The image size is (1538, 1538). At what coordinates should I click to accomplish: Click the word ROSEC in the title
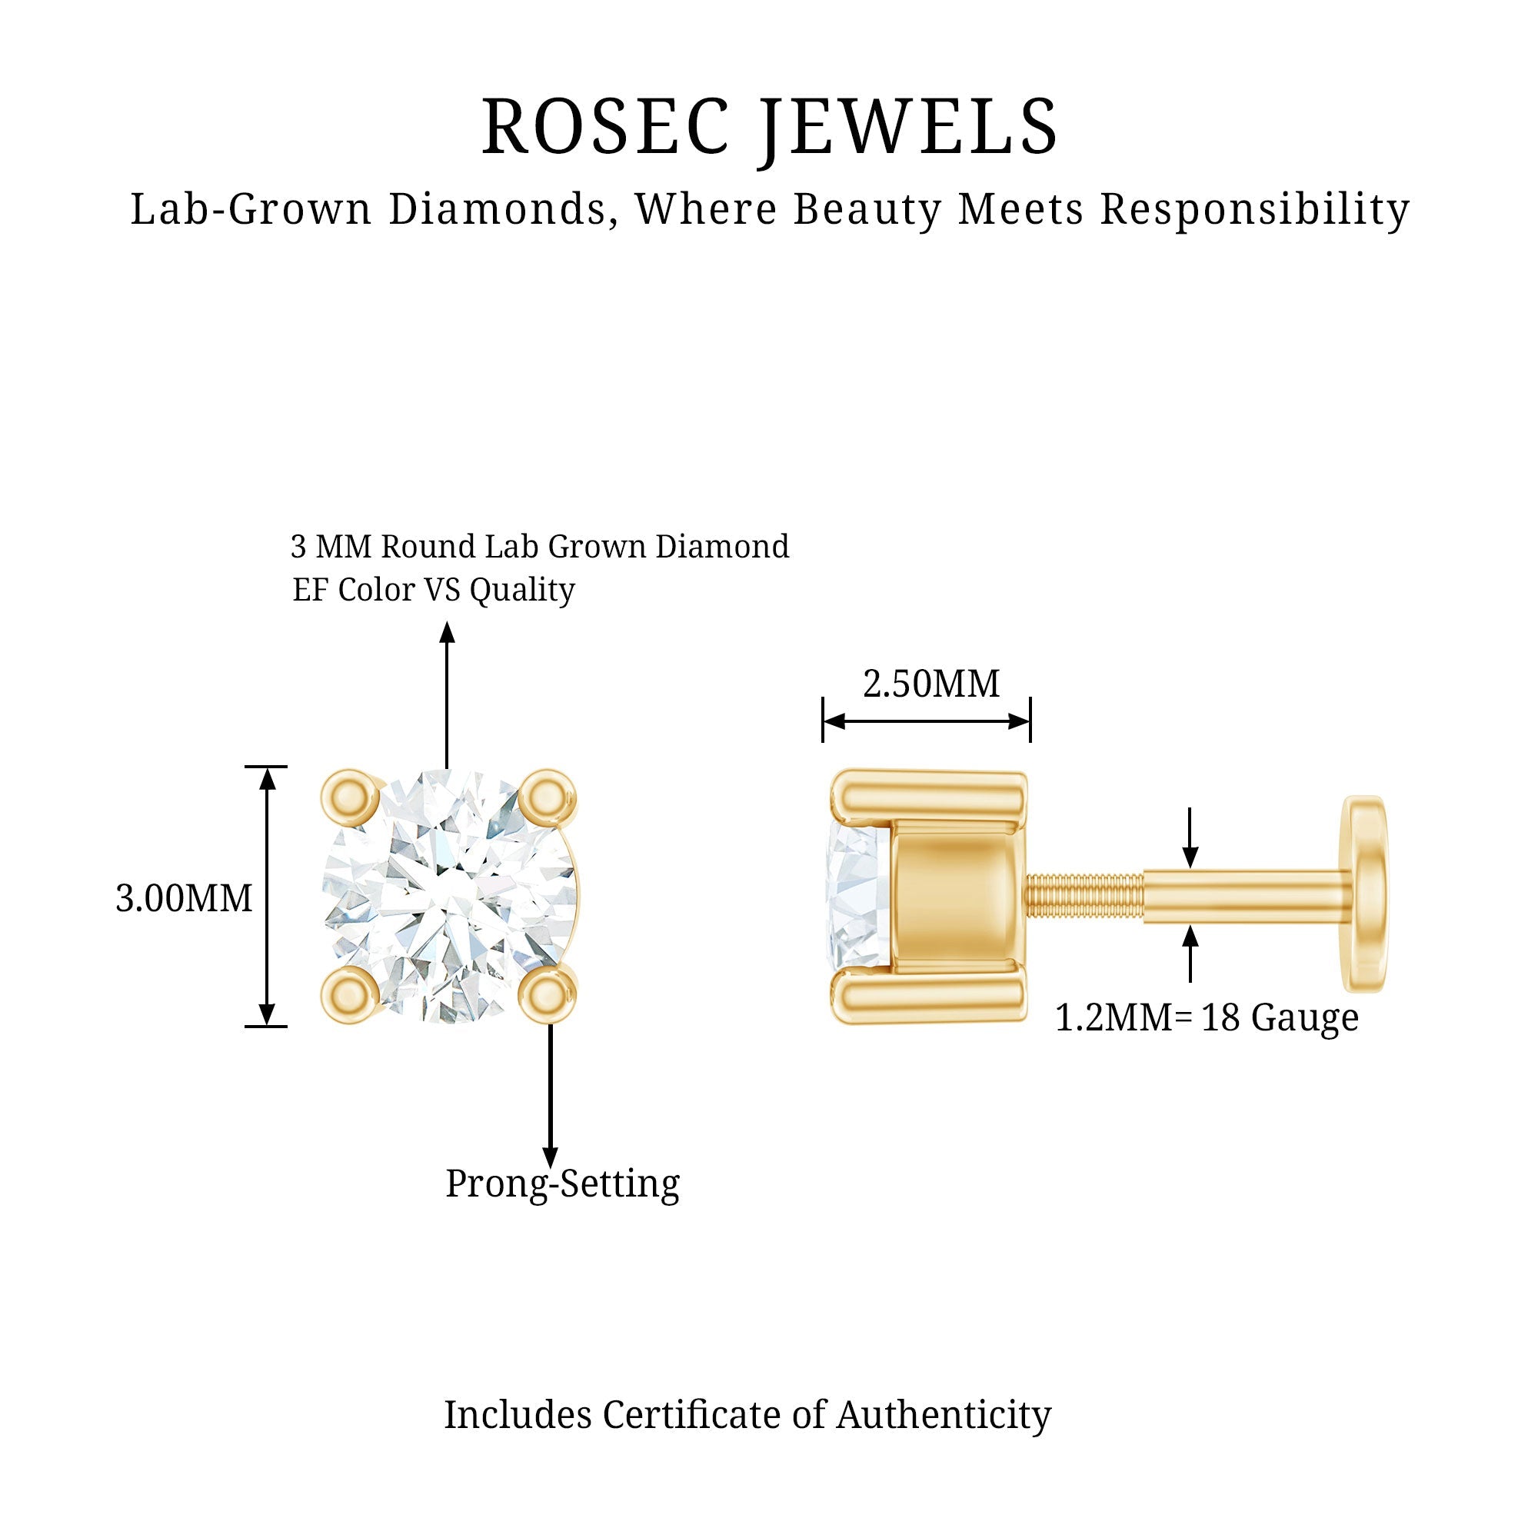[x=605, y=128]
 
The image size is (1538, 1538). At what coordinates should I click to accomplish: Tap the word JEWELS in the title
[x=908, y=128]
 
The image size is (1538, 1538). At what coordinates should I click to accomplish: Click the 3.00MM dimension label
[x=184, y=899]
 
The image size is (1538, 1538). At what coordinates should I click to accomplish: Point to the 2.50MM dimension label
[x=930, y=684]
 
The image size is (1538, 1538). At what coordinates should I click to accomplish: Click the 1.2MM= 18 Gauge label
[x=1206, y=1017]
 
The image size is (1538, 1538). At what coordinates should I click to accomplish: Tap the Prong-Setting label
[x=562, y=1183]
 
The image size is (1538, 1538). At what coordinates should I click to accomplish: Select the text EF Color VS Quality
[x=433, y=590]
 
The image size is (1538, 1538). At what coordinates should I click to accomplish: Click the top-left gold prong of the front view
[x=349, y=797]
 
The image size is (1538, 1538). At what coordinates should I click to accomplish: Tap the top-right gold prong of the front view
[x=547, y=797]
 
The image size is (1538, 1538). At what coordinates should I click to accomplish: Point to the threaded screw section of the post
[x=1084, y=897]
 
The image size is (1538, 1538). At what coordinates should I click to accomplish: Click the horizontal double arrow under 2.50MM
[x=926, y=722]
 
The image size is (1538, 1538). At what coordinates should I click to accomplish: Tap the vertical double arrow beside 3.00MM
[x=268, y=897]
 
